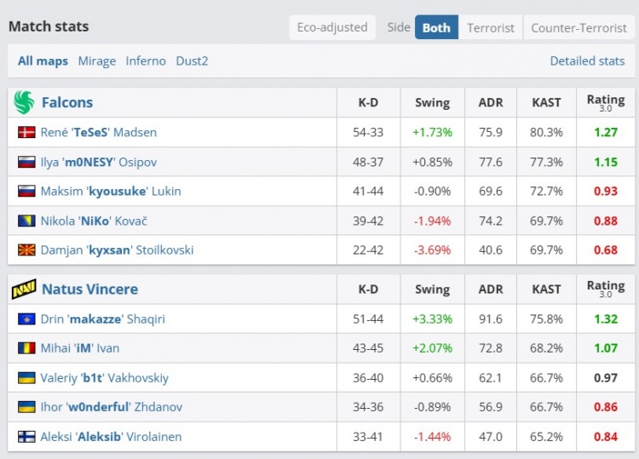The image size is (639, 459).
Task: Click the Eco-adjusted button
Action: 332,27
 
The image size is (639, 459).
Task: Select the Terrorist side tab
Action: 491,27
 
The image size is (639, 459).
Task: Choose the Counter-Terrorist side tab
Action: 579,27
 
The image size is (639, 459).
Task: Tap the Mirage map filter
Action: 96,61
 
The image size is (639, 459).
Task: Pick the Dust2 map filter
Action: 192,61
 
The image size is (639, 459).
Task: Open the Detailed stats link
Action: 587,61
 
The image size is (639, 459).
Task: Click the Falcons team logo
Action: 24,102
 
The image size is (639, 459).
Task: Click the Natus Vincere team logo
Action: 24,290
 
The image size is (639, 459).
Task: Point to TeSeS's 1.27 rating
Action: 606,132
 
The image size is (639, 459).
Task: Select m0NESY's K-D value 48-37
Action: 368,162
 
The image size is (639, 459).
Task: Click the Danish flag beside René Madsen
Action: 26,132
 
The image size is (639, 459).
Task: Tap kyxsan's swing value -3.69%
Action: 432,250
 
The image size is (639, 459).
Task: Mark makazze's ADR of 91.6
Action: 491,318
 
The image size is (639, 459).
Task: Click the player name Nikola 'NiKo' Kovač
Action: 94,221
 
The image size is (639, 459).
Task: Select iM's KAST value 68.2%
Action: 546,348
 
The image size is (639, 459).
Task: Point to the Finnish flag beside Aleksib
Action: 26,437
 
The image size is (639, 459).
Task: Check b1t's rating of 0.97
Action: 606,377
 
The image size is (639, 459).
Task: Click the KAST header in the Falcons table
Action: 546,102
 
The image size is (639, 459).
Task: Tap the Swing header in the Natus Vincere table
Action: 432,290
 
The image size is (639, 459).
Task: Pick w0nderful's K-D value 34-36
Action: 368,407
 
